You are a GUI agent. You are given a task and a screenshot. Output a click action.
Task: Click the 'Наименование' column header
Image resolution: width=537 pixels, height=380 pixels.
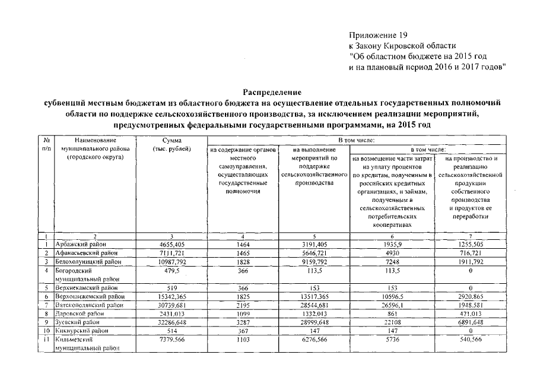coord(91,141)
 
